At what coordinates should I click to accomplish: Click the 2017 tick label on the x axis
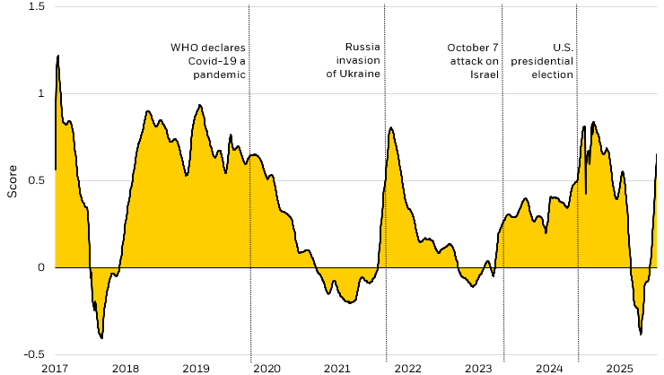coord(55,368)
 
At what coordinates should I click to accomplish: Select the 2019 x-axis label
coord(197,368)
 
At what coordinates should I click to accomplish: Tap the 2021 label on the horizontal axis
coord(337,368)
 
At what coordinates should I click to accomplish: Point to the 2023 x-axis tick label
coord(479,368)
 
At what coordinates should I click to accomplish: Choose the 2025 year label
coord(620,368)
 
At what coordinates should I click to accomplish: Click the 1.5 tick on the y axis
coord(37,7)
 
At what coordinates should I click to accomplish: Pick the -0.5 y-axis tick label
coord(34,354)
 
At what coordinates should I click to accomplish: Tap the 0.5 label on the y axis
coord(37,180)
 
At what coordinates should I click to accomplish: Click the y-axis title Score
coord(12,180)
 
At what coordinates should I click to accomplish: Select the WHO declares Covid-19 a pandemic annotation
coord(208,61)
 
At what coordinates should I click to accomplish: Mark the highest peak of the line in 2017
coord(58,56)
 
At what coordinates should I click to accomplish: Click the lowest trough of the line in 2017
coord(101,337)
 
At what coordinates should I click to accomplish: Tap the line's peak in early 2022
coord(391,127)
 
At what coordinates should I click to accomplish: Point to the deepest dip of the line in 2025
coord(641,334)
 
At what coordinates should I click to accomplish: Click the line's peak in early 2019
coord(199,105)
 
